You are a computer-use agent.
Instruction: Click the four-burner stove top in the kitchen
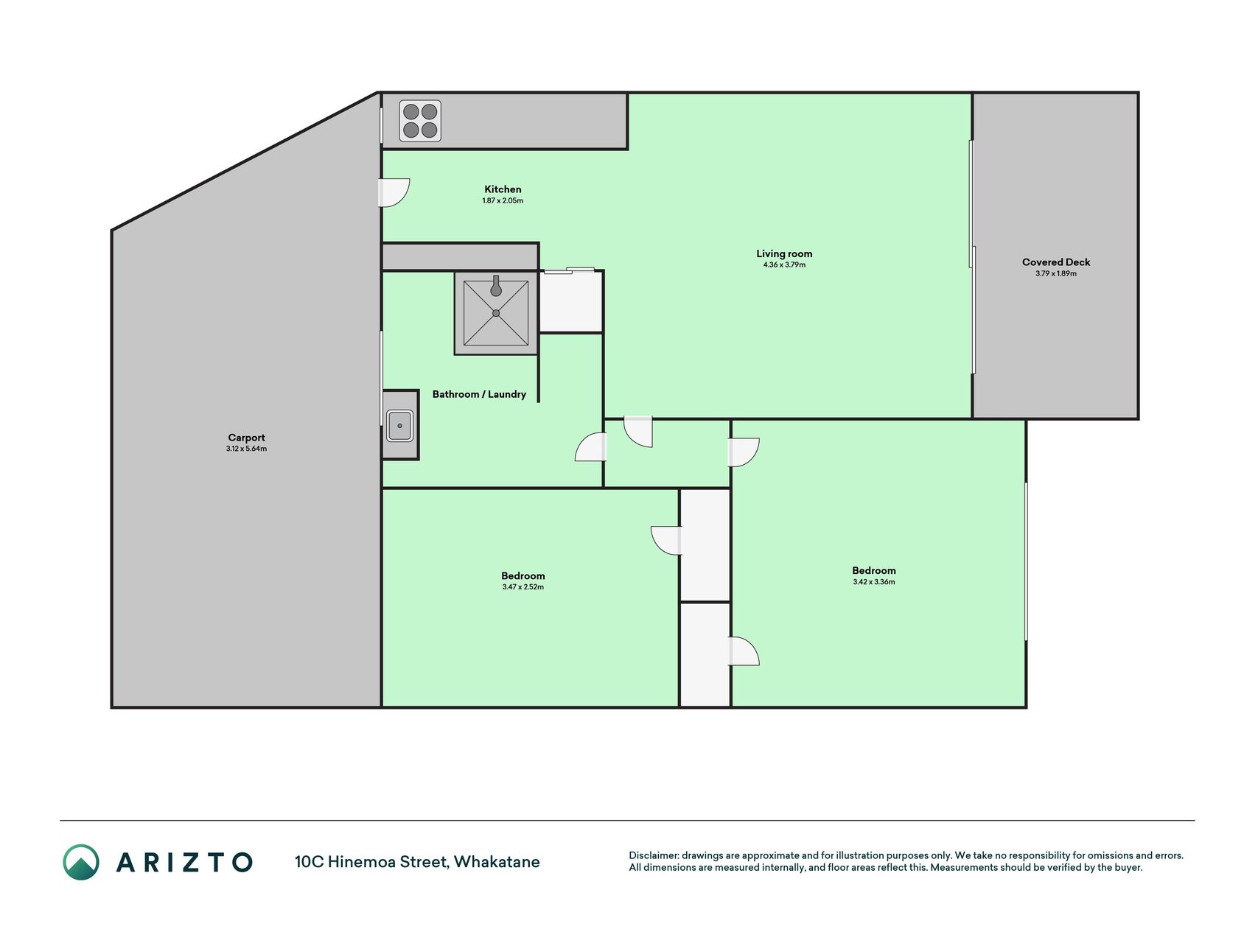pyautogui.click(x=420, y=121)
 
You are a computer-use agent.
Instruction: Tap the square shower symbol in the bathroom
pyautogui.click(x=496, y=313)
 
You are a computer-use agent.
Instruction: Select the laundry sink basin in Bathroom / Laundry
pyautogui.click(x=399, y=426)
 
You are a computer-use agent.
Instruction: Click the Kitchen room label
pyautogui.click(x=503, y=189)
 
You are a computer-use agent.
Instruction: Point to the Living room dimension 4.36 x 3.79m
pyautogui.click(x=784, y=264)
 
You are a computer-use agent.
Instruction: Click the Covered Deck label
pyautogui.click(x=1056, y=262)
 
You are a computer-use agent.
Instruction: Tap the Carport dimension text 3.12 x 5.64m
pyautogui.click(x=246, y=449)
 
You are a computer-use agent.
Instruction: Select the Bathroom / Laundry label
pyautogui.click(x=479, y=394)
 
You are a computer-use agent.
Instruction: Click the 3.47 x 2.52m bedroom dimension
pyautogui.click(x=523, y=587)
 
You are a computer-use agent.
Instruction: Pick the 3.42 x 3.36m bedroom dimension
pyautogui.click(x=874, y=582)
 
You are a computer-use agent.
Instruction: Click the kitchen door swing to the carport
pyautogui.click(x=395, y=193)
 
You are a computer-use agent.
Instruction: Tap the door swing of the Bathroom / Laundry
pyautogui.click(x=590, y=447)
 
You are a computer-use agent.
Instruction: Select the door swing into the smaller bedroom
pyautogui.click(x=666, y=540)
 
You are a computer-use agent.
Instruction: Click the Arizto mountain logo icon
pyautogui.click(x=81, y=862)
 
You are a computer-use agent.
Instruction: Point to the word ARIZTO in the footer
pyautogui.click(x=184, y=862)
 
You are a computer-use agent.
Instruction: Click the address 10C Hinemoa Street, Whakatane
pyautogui.click(x=417, y=862)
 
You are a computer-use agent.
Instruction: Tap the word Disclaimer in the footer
pyautogui.click(x=653, y=855)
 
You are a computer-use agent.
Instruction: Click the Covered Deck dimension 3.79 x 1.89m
pyautogui.click(x=1056, y=273)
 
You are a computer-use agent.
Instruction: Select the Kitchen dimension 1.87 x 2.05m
pyautogui.click(x=503, y=200)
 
